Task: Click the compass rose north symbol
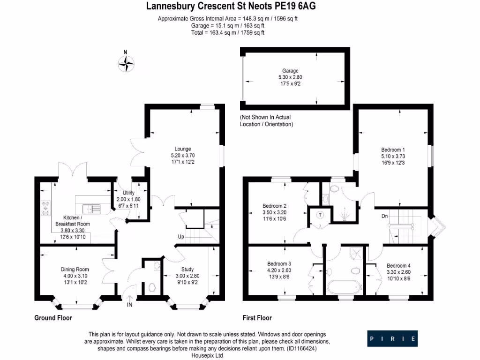(126, 62)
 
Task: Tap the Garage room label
(290, 71)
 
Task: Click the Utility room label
(128, 193)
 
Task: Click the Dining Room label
(75, 269)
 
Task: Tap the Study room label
(187, 270)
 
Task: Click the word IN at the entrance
(129, 305)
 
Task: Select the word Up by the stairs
(180, 236)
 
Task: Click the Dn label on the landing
(384, 216)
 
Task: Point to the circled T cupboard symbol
(320, 215)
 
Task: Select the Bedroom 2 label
(275, 206)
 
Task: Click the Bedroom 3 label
(279, 263)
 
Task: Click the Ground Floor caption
(53, 318)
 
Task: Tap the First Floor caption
(257, 318)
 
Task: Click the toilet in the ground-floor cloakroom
(151, 286)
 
